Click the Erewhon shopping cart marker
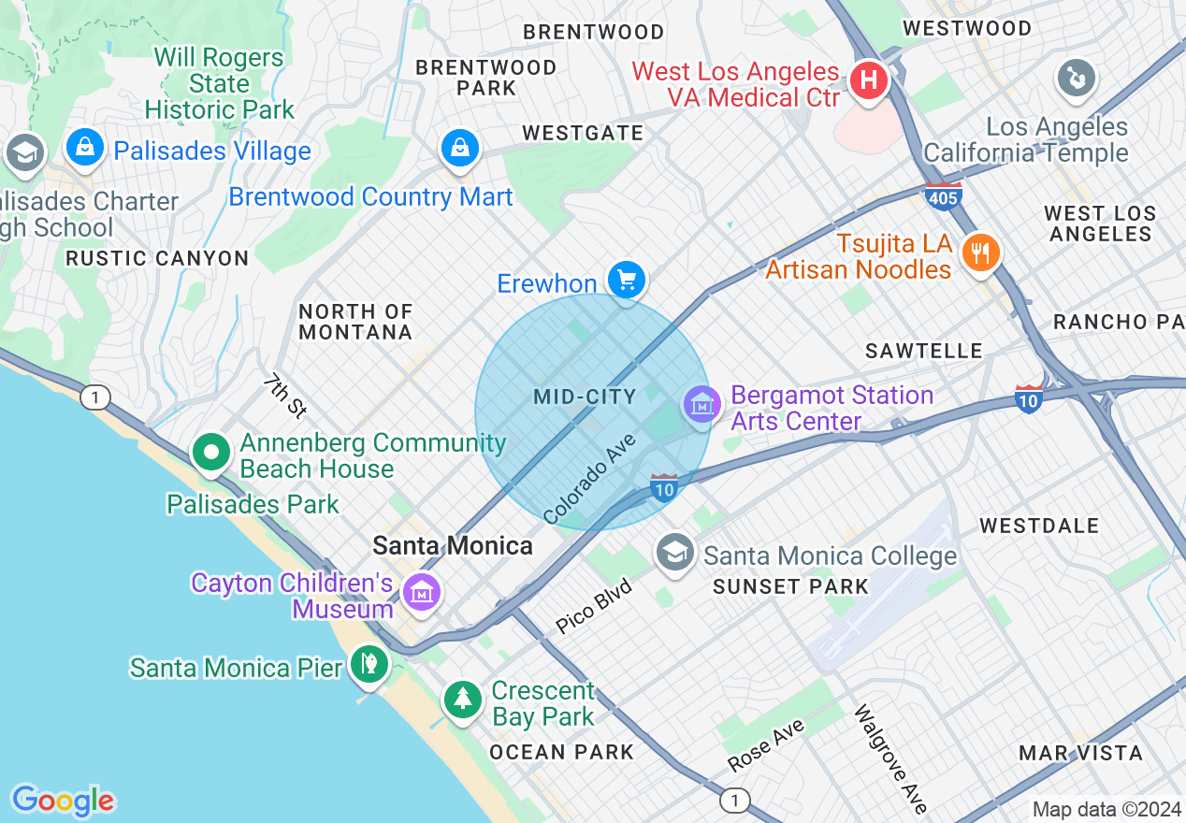click(627, 280)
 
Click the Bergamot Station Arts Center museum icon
click(701, 404)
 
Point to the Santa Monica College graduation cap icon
click(674, 553)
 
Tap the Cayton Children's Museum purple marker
click(422, 592)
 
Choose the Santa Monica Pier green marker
click(369, 665)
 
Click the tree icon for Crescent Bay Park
click(462, 699)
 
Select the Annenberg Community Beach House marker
click(212, 453)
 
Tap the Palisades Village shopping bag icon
click(85, 147)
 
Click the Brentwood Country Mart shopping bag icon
click(460, 148)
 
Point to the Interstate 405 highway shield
click(943, 196)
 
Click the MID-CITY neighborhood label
click(585, 397)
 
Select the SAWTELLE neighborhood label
click(923, 351)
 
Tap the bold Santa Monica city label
click(453, 545)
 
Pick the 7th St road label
click(284, 395)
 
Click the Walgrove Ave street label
click(890, 758)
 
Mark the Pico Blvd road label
click(594, 607)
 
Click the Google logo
click(63, 801)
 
